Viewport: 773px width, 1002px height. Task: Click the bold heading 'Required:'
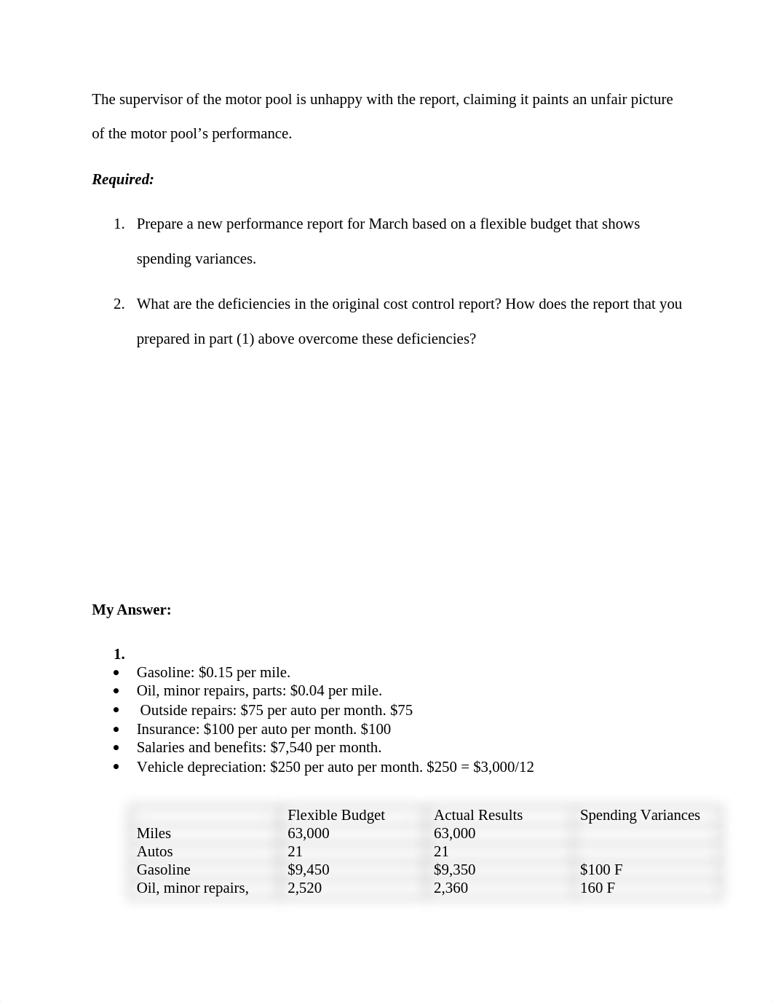(122, 179)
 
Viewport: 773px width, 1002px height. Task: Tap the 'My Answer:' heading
(131, 610)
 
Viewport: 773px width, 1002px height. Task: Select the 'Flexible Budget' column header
(336, 815)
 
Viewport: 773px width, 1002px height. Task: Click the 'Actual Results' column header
(477, 815)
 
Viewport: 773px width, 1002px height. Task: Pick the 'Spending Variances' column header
(639, 815)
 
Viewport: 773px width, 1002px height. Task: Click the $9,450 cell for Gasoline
(308, 869)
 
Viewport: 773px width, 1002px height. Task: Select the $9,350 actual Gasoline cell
(454, 869)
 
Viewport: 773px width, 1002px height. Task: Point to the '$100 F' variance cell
(600, 869)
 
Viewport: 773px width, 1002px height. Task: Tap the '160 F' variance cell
(597, 888)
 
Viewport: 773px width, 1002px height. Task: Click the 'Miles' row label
(154, 833)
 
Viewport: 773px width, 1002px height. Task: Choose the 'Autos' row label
(154, 851)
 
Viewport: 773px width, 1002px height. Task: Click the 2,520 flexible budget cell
(304, 888)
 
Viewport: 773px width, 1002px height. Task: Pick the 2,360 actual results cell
(451, 888)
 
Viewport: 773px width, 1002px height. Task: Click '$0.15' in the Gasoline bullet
(215, 672)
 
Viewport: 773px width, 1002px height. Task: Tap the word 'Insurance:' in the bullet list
(168, 729)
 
